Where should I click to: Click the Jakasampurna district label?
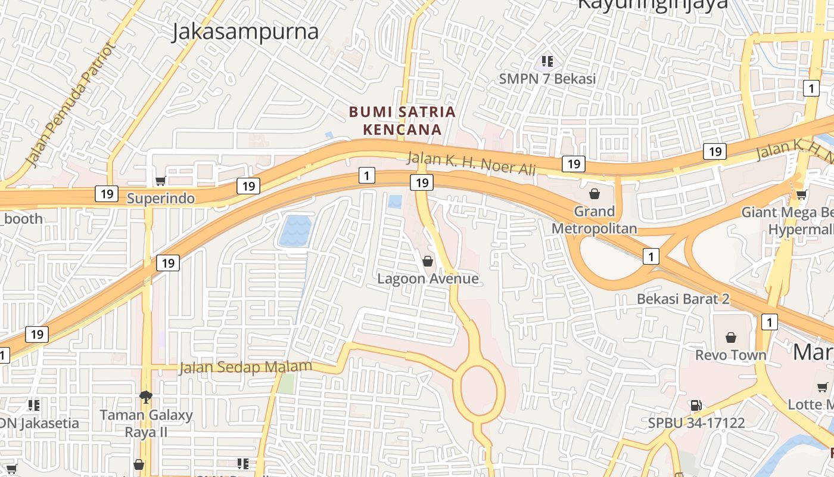[245, 32]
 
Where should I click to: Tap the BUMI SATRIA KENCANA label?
[402, 120]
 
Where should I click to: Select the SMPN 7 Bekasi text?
[547, 79]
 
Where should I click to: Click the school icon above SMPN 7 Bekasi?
[547, 61]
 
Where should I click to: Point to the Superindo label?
[161, 199]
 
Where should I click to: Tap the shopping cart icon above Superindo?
[160, 181]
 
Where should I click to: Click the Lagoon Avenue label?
[428, 278]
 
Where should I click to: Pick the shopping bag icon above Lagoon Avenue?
[427, 261]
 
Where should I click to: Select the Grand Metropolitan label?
[594, 220]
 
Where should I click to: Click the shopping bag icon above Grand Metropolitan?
[594, 193]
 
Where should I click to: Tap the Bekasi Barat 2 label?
[683, 299]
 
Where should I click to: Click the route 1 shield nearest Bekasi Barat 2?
[651, 256]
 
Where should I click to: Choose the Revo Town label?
[731, 355]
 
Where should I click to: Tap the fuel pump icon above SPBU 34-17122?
[696, 405]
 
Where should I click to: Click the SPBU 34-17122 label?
[696, 423]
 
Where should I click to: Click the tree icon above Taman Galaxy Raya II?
[145, 397]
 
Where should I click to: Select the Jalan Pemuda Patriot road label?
[70, 105]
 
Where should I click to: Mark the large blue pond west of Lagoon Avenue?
[295, 231]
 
